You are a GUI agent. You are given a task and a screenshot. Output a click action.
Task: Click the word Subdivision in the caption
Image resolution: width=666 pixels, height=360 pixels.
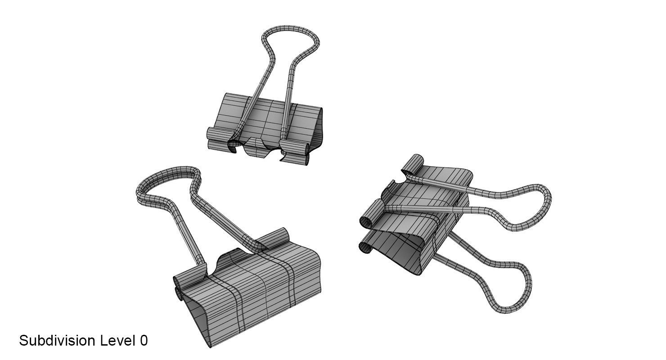pos(57,341)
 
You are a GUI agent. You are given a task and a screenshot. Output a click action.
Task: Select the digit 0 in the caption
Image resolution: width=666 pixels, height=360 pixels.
pos(144,341)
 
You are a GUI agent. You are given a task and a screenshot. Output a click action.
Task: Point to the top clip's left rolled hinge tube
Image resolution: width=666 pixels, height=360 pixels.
pos(219,134)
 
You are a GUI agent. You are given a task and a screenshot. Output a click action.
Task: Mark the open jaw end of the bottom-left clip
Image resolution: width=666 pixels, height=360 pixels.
pos(198,319)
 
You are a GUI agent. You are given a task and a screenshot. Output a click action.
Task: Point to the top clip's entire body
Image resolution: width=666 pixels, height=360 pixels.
pos(265,126)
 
